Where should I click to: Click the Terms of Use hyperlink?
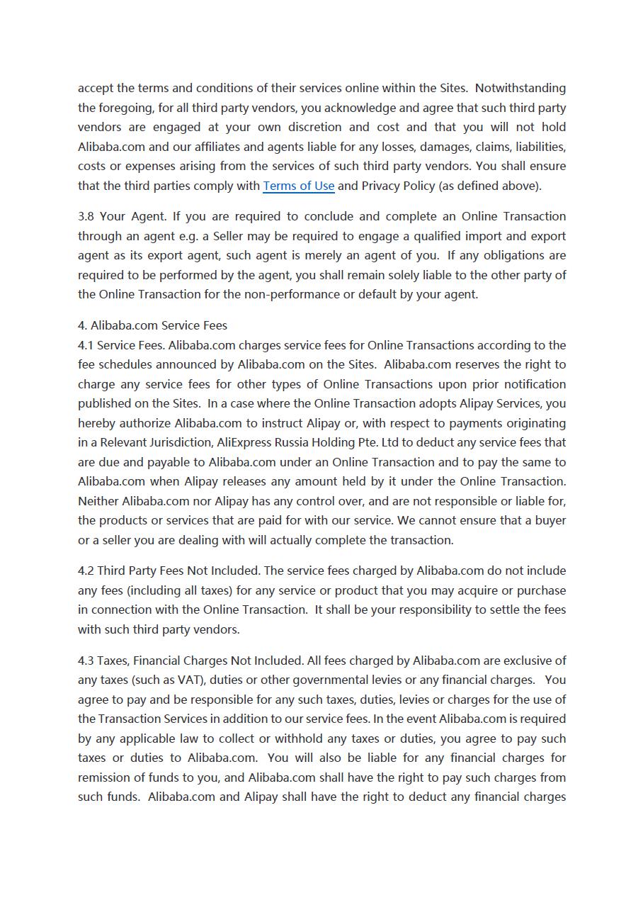coord(298,186)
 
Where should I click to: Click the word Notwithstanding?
coord(520,88)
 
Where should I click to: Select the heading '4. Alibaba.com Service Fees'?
coord(152,325)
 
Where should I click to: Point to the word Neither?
coord(98,501)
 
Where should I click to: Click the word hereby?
coord(95,423)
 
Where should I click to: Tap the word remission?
coord(102,777)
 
